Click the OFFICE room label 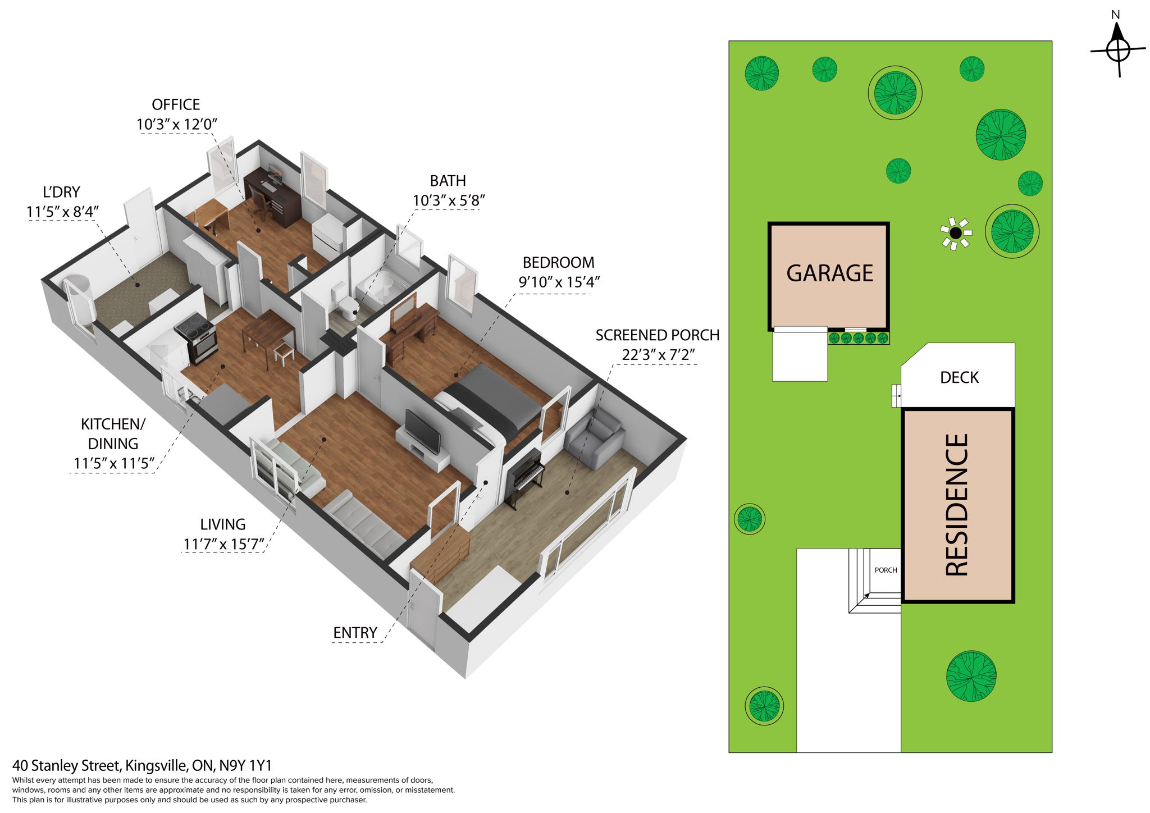[x=176, y=105]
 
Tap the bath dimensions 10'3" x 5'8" [x=448, y=200]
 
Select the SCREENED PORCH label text [x=657, y=335]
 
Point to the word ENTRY [x=355, y=633]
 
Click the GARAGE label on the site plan [x=829, y=273]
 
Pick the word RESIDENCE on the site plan [x=957, y=505]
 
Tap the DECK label [x=959, y=377]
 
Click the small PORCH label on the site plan [x=886, y=570]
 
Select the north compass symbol [x=1117, y=49]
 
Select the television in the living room [x=423, y=431]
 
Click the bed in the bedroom [x=486, y=401]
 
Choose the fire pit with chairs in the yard [x=956, y=233]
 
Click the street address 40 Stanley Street [x=142, y=765]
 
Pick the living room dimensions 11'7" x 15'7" [x=223, y=544]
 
